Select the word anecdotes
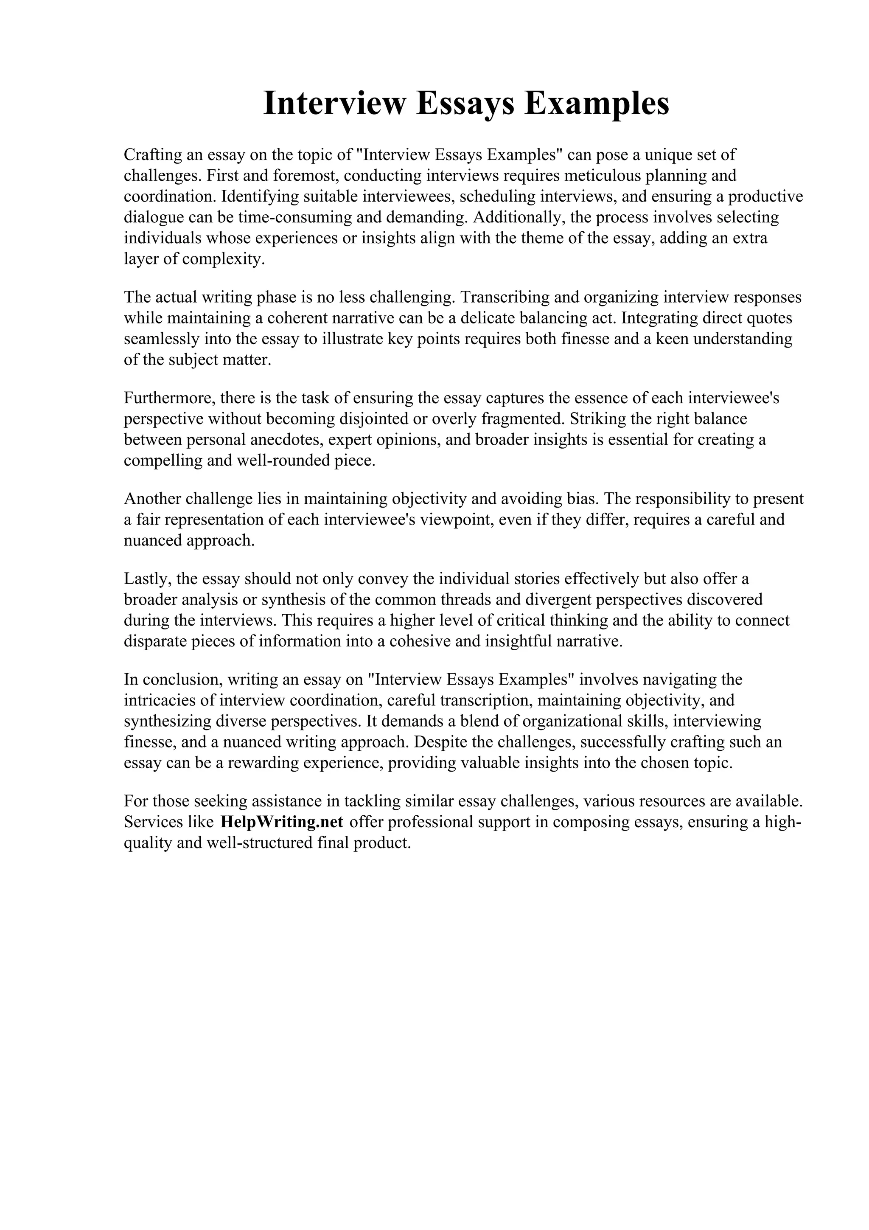tap(286, 440)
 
